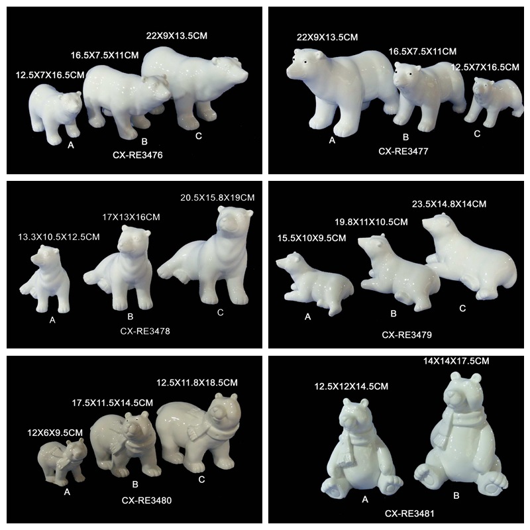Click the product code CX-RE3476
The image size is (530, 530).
click(138, 155)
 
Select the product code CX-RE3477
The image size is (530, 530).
click(403, 151)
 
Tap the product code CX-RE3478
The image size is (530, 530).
click(145, 331)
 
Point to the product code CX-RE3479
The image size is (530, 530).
click(407, 335)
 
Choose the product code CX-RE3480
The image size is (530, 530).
click(146, 500)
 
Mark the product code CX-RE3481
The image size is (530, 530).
click(409, 514)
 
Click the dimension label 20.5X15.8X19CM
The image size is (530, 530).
click(217, 197)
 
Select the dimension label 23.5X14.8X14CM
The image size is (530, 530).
click(449, 204)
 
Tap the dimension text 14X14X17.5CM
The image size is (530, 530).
click(456, 361)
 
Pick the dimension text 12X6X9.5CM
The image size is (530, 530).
click(55, 433)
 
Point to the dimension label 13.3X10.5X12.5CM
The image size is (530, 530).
click(59, 237)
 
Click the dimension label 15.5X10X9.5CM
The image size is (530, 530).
click(311, 238)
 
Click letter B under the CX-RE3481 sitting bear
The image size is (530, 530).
click(456, 496)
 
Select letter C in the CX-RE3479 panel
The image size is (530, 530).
click(462, 308)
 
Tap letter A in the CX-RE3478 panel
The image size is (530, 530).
click(52, 320)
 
